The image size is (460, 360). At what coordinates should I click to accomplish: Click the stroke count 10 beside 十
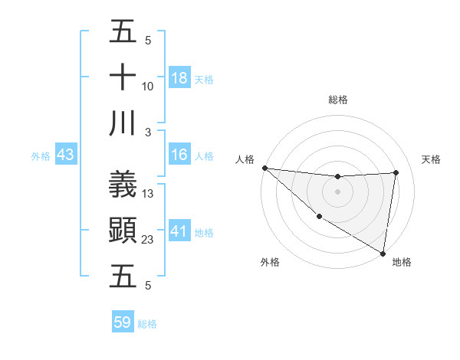click(x=148, y=87)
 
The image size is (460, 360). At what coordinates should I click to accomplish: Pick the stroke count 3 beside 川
click(x=148, y=133)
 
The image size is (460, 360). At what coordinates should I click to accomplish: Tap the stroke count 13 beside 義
click(x=148, y=194)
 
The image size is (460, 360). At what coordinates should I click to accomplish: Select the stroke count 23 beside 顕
click(x=148, y=240)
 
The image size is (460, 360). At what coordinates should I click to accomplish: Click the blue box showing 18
click(x=179, y=78)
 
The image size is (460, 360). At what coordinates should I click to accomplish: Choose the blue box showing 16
click(x=179, y=155)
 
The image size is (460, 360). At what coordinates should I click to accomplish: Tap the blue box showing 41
click(x=179, y=231)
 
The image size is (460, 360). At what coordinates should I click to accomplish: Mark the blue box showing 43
click(x=66, y=155)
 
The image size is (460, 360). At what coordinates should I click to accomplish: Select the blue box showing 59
click(x=123, y=322)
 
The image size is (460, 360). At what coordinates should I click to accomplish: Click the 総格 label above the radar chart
click(x=338, y=100)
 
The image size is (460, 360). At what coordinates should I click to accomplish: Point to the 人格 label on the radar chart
click(x=245, y=159)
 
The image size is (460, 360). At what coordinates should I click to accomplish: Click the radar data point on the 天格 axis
click(x=396, y=172)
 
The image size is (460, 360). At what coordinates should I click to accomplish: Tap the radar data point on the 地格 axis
click(x=383, y=253)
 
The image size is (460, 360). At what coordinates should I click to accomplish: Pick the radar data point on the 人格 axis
click(x=264, y=168)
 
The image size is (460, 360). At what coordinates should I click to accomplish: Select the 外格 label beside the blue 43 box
click(x=41, y=156)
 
